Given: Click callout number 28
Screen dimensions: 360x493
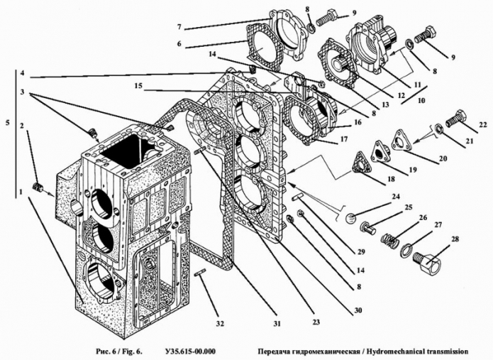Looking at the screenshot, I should point(455,239).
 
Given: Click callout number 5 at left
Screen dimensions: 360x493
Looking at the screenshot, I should point(7,122).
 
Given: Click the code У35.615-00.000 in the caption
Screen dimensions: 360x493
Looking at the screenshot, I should point(189,351).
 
